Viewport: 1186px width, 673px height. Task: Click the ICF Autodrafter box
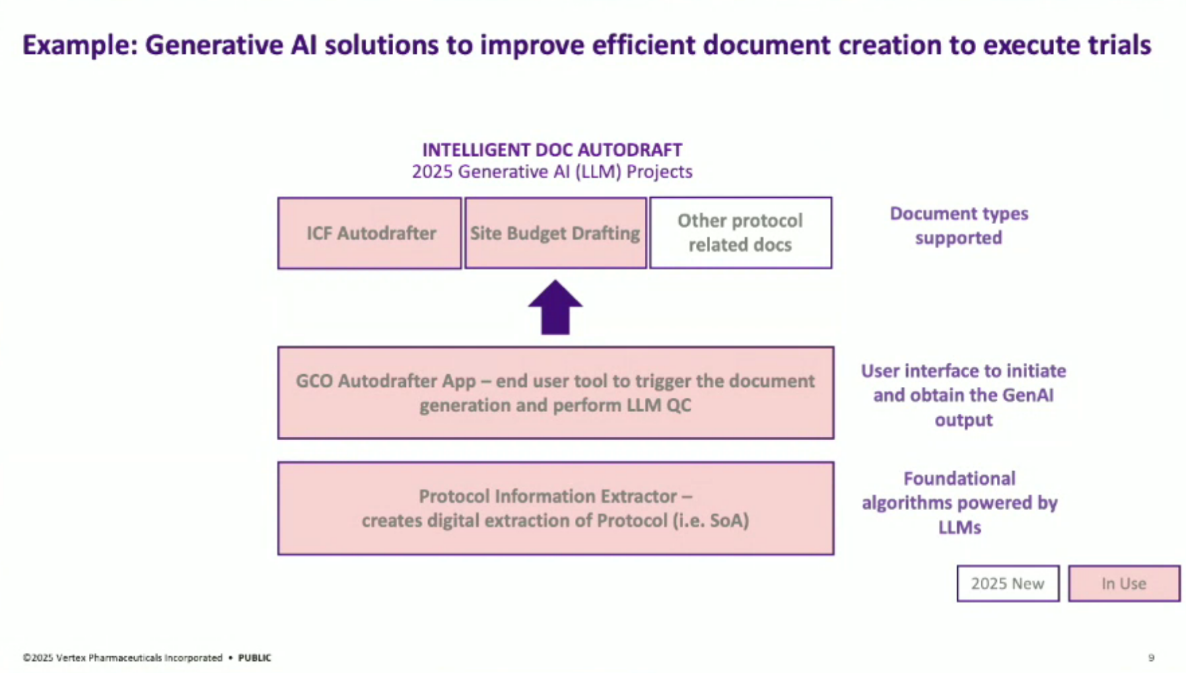(x=370, y=233)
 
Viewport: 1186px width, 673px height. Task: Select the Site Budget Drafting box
(x=555, y=233)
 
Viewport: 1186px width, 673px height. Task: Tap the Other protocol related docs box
(x=740, y=233)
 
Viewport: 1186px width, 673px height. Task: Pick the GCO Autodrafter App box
(x=555, y=393)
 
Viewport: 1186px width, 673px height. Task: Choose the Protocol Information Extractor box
(x=555, y=508)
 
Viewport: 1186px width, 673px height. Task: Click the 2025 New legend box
(x=1008, y=583)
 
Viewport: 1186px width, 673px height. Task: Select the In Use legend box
(x=1123, y=583)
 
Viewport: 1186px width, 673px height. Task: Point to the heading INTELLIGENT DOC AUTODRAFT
(x=552, y=149)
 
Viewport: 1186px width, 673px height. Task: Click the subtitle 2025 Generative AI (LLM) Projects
(x=552, y=172)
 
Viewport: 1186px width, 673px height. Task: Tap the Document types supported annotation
(x=958, y=225)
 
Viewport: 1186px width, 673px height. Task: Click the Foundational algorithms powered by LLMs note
(x=959, y=503)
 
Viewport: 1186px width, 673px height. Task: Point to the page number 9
(x=1151, y=658)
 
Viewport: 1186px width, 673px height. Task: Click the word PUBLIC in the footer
(x=254, y=658)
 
